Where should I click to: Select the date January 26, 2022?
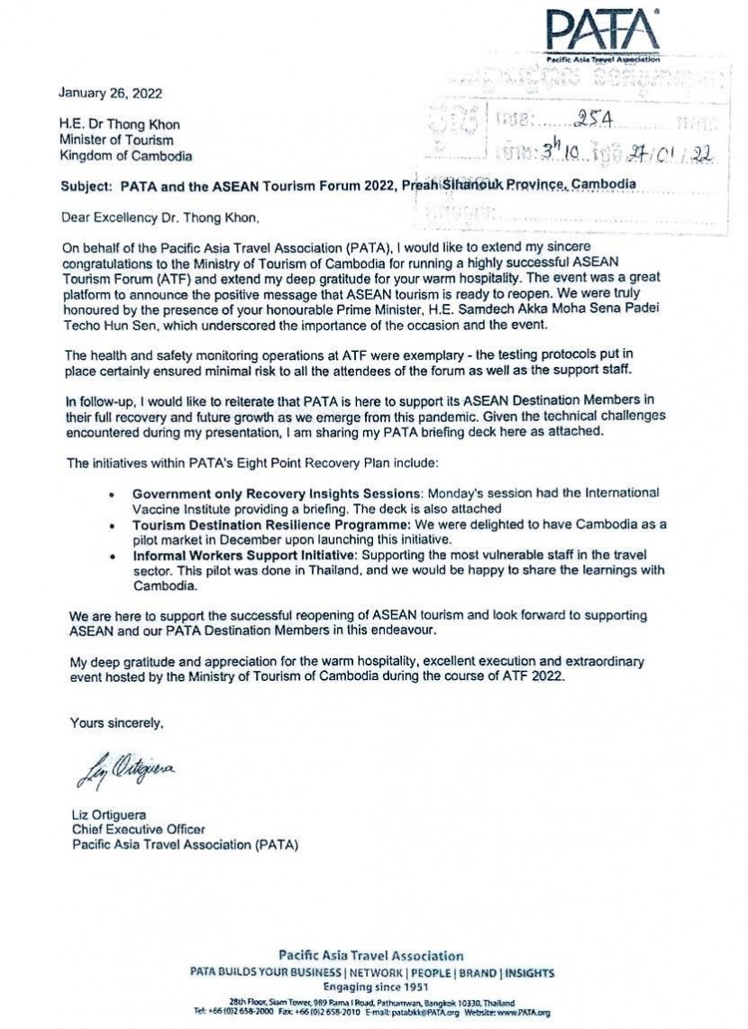(110, 93)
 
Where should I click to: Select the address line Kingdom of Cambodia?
(125, 155)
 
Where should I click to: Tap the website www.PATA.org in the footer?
(527, 1013)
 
